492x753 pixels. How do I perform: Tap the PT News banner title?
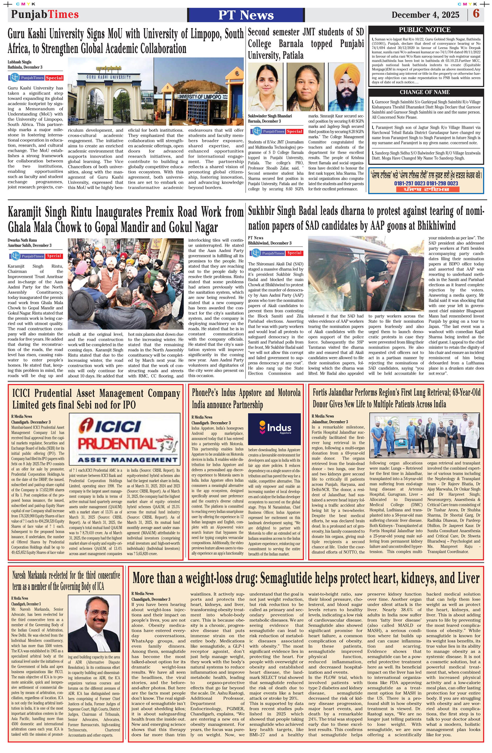246,15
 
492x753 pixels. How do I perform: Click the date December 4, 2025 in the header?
425,15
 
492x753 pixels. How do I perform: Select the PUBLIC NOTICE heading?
424,30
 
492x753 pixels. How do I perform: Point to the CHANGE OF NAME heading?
424,92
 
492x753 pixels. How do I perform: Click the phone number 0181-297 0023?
409,183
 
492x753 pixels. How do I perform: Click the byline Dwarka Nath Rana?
22,240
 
